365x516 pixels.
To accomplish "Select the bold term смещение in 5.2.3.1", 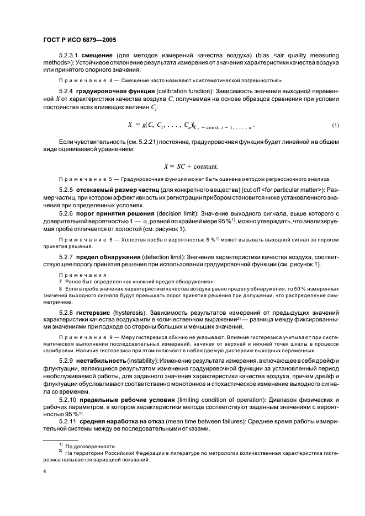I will [99, 57].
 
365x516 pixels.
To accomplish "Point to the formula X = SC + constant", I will [191, 166].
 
